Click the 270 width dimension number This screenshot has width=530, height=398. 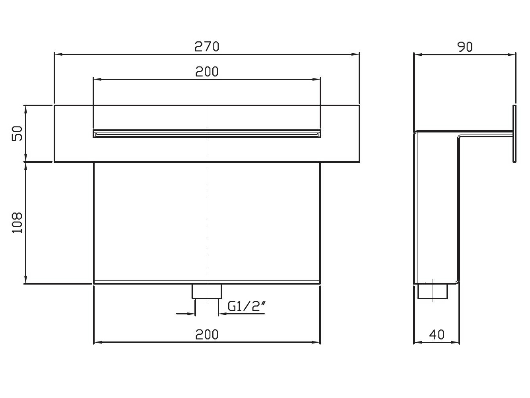(x=207, y=47)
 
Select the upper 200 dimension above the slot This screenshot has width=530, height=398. (x=207, y=72)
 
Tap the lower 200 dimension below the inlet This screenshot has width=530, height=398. (x=207, y=335)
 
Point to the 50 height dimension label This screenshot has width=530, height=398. (x=17, y=133)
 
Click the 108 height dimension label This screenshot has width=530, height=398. (x=17, y=223)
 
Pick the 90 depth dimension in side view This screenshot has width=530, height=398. (x=465, y=47)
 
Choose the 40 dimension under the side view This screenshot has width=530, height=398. (x=437, y=335)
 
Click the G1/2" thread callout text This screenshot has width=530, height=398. (x=247, y=306)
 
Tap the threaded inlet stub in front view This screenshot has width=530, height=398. (x=207, y=291)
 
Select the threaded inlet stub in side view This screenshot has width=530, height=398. (x=433, y=291)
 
